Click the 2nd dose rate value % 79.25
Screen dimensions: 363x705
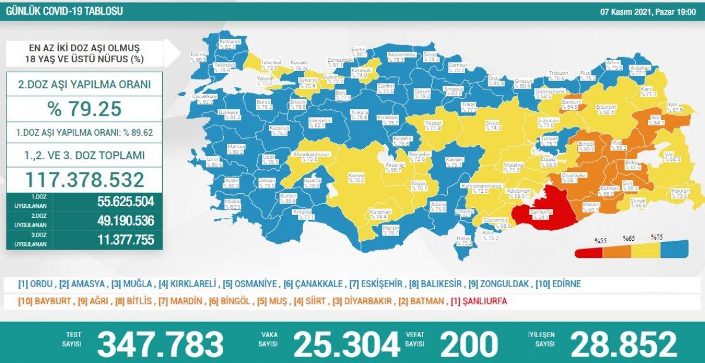85,109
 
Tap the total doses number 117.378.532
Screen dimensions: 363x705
85,179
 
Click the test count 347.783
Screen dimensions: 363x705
160,344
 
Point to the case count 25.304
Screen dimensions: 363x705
347,344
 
